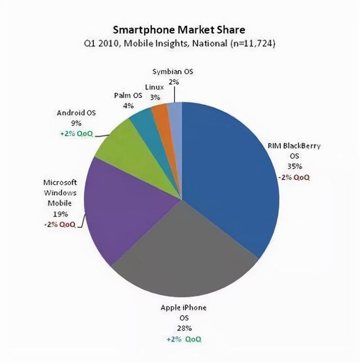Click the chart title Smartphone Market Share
pos(179,29)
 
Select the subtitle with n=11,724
pos(179,43)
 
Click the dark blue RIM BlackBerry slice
pos(231,169)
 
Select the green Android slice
pos(121,144)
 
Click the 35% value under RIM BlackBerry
pos(296,166)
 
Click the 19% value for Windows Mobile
pos(60,213)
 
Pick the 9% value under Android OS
pos(76,123)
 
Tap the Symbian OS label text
pos(174,71)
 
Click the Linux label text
pos(154,87)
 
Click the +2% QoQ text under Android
pos(76,134)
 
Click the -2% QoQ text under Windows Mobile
pos(60,224)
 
